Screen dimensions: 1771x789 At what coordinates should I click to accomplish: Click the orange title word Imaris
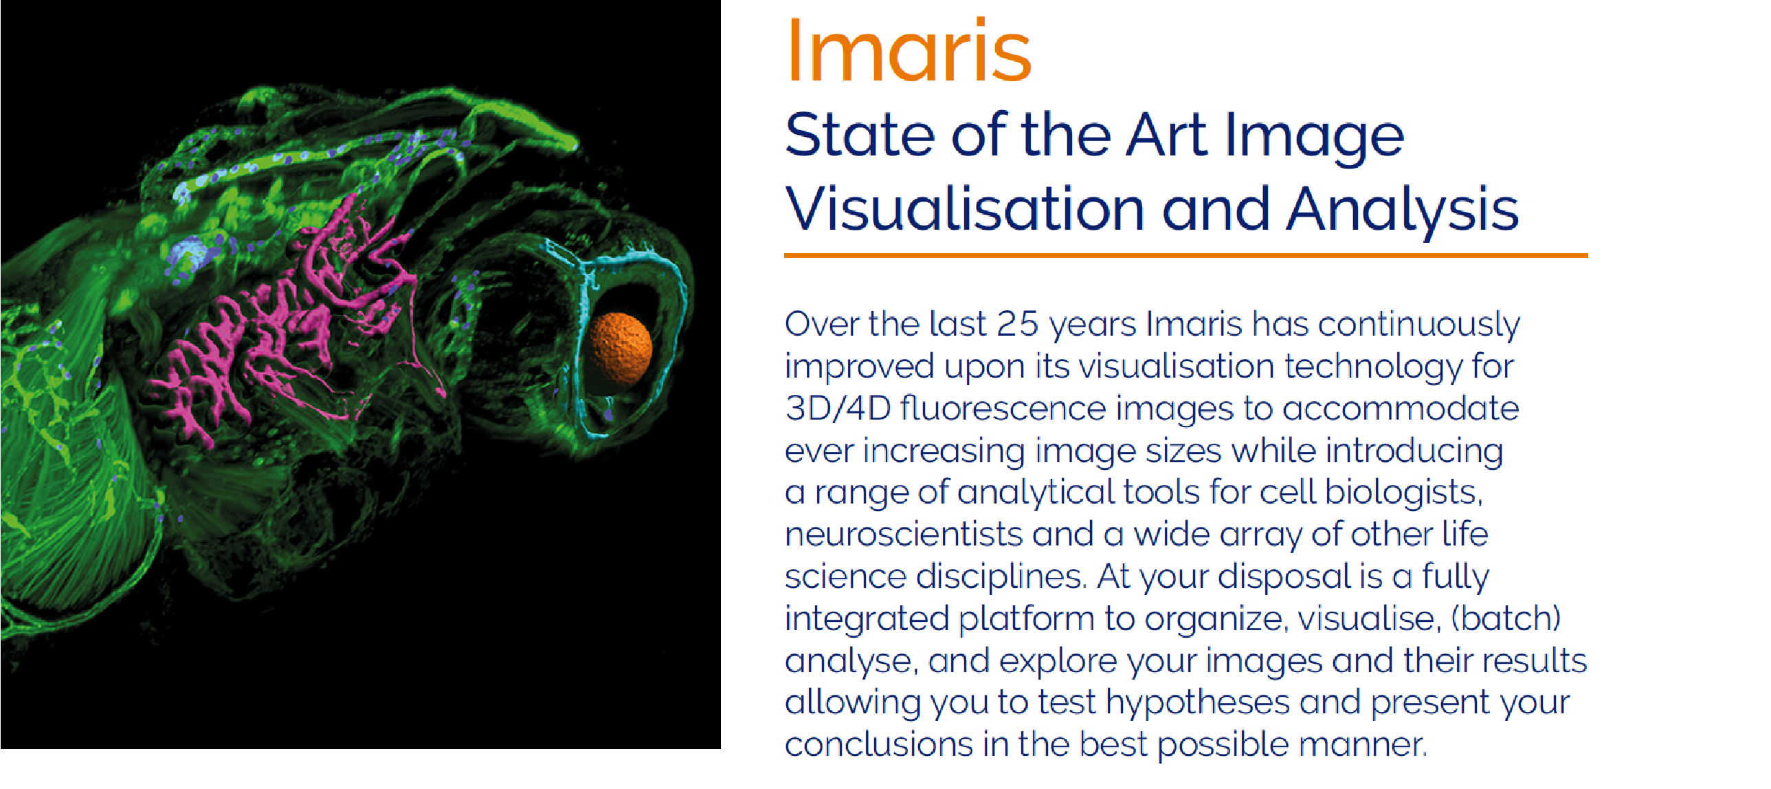click(x=909, y=50)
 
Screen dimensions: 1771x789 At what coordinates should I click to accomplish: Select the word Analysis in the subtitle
click(x=1402, y=210)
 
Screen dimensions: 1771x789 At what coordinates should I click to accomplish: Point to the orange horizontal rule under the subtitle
click(x=1186, y=255)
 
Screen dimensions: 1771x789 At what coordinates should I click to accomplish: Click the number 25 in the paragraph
click(x=1018, y=324)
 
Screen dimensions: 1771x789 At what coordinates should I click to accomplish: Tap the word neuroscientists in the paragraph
click(x=904, y=534)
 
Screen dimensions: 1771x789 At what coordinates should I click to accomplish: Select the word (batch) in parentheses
click(x=1506, y=618)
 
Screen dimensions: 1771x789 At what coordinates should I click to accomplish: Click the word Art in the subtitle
click(x=1166, y=135)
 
